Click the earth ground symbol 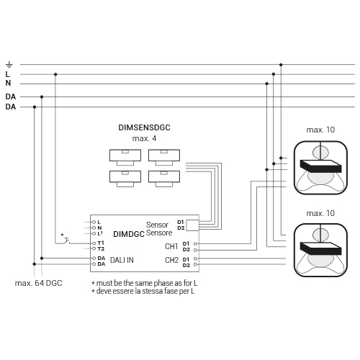(x=9, y=65)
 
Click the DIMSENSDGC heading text (x=144, y=127)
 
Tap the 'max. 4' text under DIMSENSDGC (x=144, y=138)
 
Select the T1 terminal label (x=101, y=243)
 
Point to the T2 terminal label (x=101, y=249)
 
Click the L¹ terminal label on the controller (x=100, y=233)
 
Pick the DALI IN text (x=122, y=260)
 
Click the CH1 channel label (x=171, y=246)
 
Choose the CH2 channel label (x=171, y=260)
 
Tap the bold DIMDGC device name (x=129, y=234)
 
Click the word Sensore (x=159, y=233)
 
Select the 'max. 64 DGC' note (x=38, y=283)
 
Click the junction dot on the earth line (x=281, y=65)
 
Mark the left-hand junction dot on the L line (x=55, y=74)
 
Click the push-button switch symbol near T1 (x=65, y=240)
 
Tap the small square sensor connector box (x=192, y=225)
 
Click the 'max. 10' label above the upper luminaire (x=320, y=130)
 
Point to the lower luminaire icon (x=320, y=250)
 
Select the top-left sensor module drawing (x=125, y=158)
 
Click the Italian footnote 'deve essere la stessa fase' (x=143, y=292)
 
